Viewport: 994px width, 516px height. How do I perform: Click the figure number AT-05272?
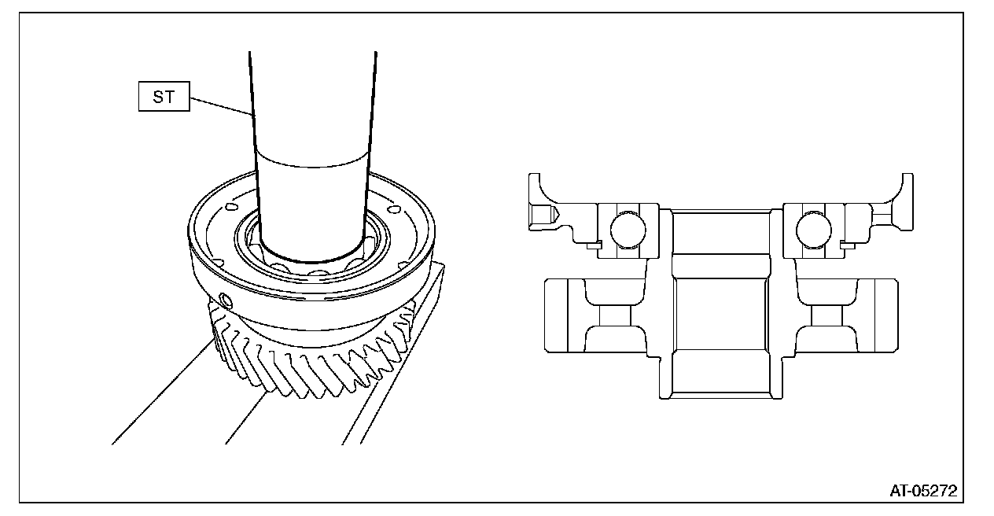coord(923,491)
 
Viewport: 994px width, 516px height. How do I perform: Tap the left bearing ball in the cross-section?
coord(627,228)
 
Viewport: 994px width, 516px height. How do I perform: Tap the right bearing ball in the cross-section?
coord(813,228)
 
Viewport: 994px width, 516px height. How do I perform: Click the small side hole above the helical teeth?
coord(226,300)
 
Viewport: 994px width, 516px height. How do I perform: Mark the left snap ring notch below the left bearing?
coord(594,245)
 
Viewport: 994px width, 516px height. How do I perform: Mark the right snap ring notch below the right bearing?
coord(848,245)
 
